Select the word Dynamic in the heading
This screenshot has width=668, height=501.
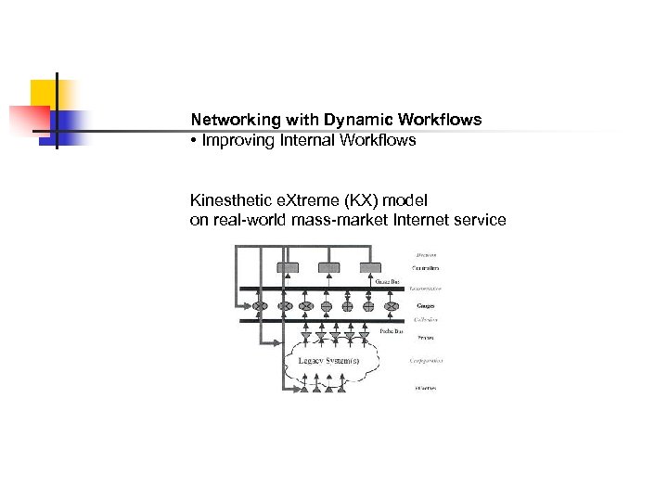click(358, 121)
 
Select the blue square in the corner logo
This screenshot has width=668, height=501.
click(70, 125)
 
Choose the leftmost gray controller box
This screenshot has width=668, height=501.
click(288, 268)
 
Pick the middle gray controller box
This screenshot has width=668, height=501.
click(329, 268)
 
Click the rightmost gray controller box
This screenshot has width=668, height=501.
click(370, 268)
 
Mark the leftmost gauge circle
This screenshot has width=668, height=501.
click(262, 305)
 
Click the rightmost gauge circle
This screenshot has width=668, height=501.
click(391, 305)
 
